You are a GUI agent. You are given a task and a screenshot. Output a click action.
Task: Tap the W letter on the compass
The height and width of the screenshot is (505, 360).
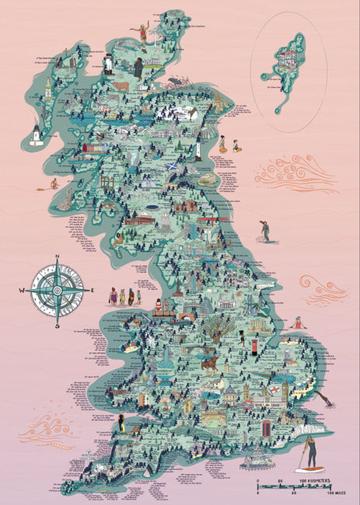pos(24,291)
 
